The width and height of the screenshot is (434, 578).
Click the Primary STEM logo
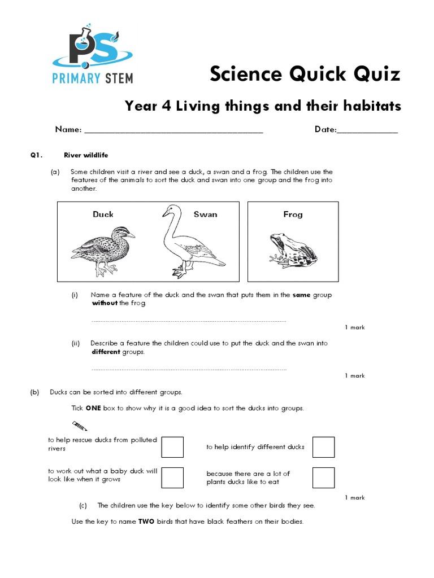[x=93, y=54]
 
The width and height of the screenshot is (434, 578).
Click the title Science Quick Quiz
[x=305, y=74]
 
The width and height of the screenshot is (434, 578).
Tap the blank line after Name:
[x=173, y=131]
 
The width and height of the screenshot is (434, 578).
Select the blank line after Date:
[x=367, y=131]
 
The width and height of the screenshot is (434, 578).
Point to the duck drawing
[x=103, y=248]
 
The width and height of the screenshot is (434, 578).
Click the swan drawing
[x=189, y=243]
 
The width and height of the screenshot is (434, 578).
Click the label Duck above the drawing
[x=103, y=214]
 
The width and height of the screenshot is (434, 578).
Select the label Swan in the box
[x=205, y=214]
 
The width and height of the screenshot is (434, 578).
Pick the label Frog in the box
[x=293, y=214]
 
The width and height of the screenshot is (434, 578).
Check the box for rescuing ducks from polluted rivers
[x=172, y=447]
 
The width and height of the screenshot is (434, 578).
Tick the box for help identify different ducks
[x=324, y=447]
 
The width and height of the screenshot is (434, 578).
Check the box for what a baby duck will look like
[x=172, y=478]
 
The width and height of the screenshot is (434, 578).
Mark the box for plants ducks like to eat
[x=324, y=478]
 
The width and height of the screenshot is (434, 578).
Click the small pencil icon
[x=79, y=424]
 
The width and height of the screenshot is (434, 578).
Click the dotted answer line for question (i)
[x=189, y=321]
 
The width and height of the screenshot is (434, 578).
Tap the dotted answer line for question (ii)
[x=189, y=370]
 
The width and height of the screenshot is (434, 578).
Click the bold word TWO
[x=146, y=522]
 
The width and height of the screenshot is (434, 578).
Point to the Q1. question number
[x=37, y=155]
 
